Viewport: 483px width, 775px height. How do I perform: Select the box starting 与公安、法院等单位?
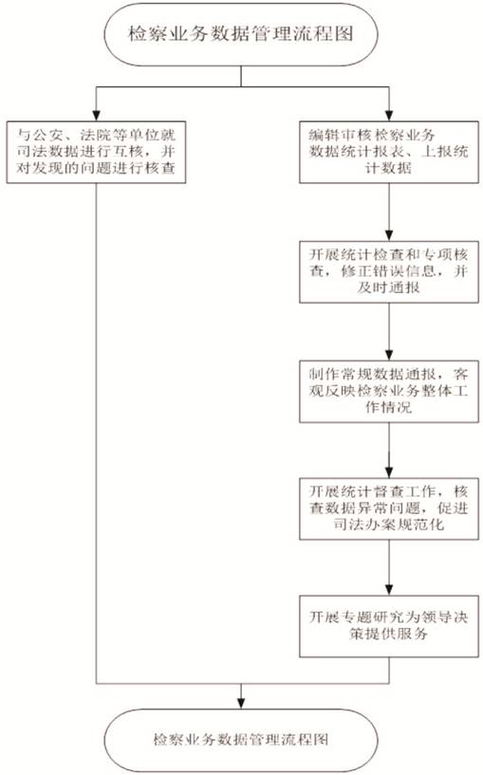coord(96,152)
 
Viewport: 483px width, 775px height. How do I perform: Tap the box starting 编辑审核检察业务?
coord(389,152)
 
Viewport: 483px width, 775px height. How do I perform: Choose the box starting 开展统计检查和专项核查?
coord(389,272)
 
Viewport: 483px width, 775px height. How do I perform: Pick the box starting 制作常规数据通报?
coord(389,392)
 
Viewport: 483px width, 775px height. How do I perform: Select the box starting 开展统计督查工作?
coord(389,508)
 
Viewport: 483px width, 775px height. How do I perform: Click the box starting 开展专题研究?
coord(389,626)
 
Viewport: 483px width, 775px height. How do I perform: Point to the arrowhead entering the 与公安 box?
coord(96,116)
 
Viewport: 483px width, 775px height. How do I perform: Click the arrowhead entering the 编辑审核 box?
coord(389,116)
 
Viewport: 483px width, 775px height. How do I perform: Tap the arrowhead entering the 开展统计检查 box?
coord(389,235)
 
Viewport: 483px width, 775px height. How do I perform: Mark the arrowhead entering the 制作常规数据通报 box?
coord(389,355)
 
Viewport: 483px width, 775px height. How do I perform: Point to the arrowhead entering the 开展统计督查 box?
coord(389,472)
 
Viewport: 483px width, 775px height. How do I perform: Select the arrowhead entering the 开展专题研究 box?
coord(389,590)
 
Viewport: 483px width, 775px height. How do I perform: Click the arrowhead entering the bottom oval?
coord(241,704)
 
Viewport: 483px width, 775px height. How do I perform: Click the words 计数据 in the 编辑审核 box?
coord(388,169)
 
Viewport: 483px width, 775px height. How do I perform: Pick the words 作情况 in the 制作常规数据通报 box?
coord(388,407)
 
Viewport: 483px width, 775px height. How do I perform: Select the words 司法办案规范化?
coord(388,525)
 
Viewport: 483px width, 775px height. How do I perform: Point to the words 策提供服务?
coord(388,634)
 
